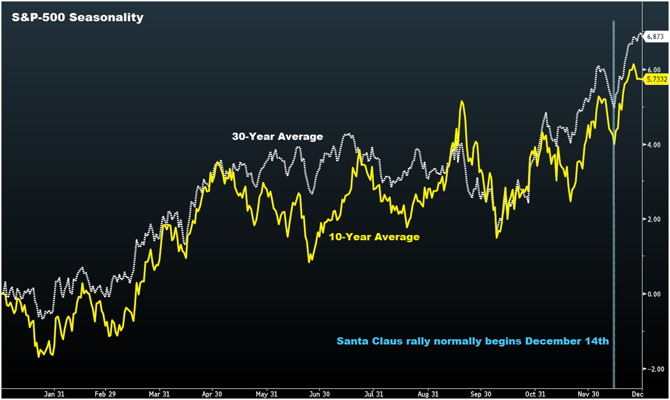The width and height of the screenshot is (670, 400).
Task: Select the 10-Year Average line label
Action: point(374,237)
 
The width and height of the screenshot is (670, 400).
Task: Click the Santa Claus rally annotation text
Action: point(472,340)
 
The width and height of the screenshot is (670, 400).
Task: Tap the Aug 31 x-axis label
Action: point(429,394)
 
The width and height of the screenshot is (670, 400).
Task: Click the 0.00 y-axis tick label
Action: point(654,294)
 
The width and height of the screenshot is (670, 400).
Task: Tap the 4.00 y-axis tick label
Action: point(654,144)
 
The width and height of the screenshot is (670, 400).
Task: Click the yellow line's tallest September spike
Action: point(462,102)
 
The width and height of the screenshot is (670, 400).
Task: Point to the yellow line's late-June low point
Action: point(310,261)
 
